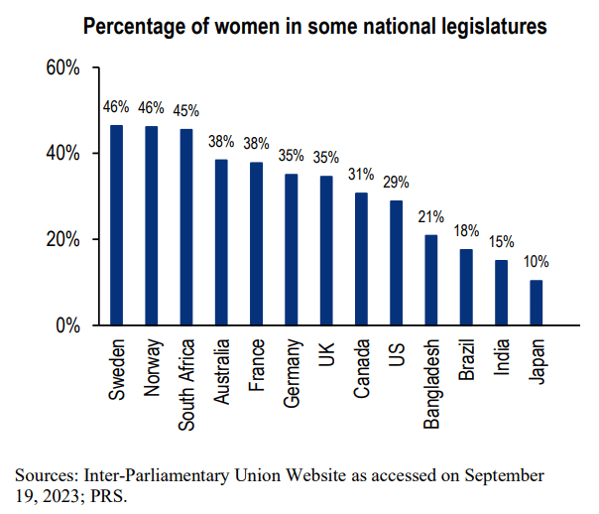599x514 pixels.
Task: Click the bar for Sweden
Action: coord(116,225)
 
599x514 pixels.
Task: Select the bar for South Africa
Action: coord(185,227)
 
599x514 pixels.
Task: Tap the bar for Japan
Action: coord(537,303)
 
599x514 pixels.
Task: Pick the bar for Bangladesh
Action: coord(431,280)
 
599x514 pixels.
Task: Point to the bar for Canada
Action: coord(361,259)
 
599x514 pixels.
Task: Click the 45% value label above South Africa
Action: coord(185,110)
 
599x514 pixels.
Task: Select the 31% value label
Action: coord(361,174)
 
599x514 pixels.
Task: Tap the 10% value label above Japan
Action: coord(537,262)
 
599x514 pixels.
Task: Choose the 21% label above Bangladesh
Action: coord(431,216)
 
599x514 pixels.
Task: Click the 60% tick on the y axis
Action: coord(62,67)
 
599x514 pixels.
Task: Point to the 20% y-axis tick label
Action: coord(62,239)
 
